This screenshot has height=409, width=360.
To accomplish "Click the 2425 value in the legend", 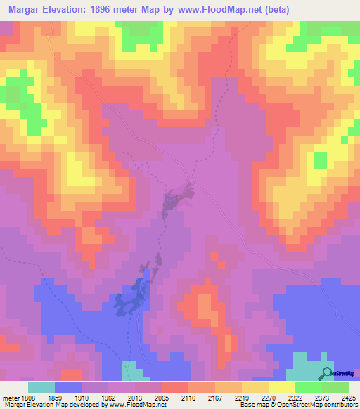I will coord(346,397).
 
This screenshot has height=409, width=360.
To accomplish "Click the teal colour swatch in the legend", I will coord(41,387).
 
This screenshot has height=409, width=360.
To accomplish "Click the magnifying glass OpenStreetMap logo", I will coord(327,373).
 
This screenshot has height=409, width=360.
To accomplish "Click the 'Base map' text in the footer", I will coord(250,405).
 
